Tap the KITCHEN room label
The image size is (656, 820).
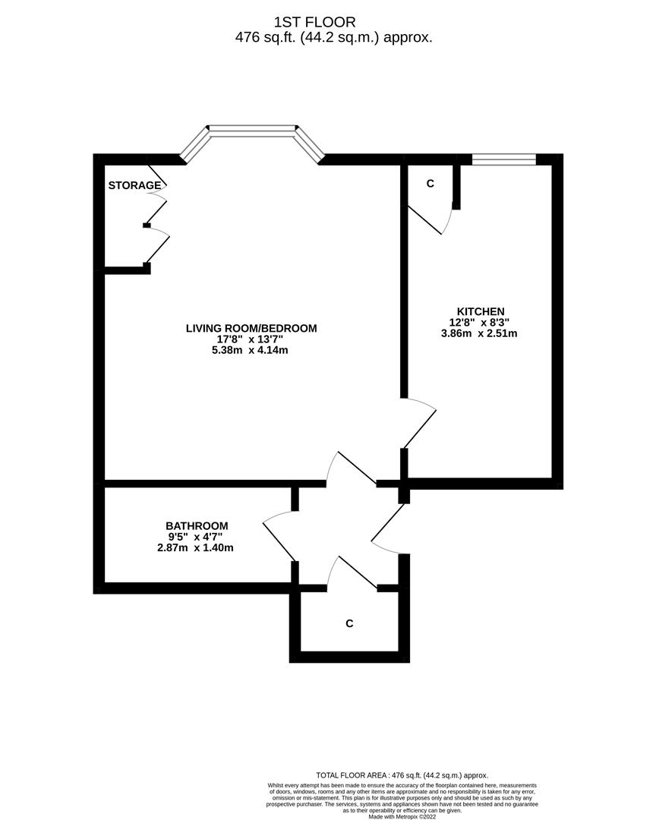click(480, 311)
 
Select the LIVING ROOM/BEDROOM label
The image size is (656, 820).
click(251, 328)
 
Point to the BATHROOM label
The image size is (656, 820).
click(197, 525)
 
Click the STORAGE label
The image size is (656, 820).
click(134, 185)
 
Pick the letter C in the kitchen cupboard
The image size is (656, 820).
click(430, 184)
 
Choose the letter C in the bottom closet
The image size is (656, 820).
click(349, 623)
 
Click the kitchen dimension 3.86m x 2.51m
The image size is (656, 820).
click(480, 333)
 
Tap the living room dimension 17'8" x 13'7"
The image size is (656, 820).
click(251, 339)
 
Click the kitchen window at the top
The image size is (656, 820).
click(503, 159)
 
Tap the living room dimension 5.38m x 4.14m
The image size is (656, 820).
click(251, 350)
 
